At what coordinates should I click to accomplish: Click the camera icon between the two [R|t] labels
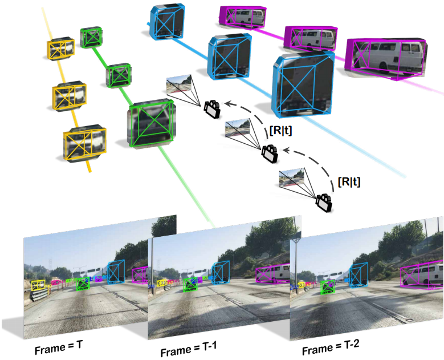pos(269,153)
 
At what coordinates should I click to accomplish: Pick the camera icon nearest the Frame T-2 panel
pos(324,201)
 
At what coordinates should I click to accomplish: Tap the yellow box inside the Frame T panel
pos(39,284)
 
